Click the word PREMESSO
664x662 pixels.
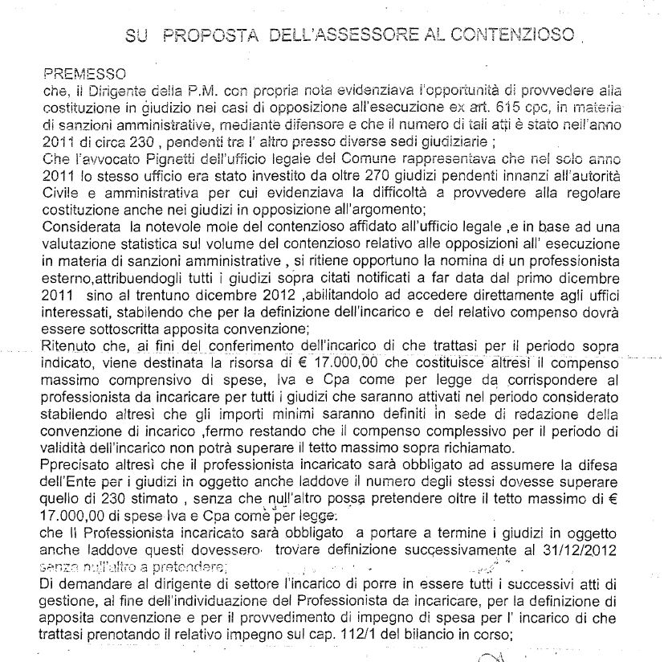click(x=77, y=72)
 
